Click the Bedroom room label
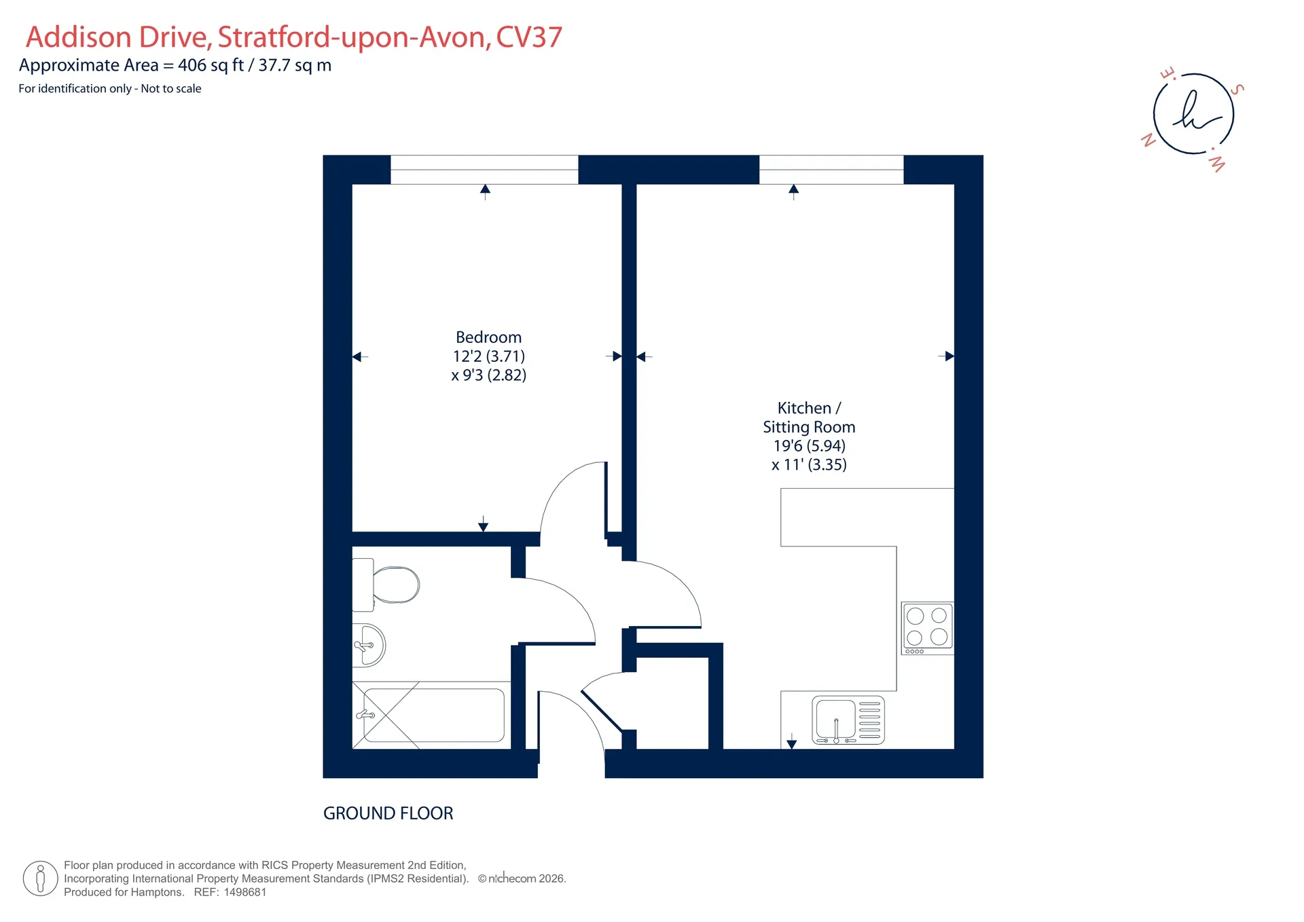488,337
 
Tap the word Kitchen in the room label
804,408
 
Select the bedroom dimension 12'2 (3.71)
489,356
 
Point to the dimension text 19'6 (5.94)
810,446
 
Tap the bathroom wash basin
369,645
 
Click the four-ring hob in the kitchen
927,628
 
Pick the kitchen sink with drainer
848,720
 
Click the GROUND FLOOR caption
388,813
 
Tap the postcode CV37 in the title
529,37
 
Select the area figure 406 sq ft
211,66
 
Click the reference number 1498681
245,892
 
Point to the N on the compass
1148,140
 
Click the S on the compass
1237,89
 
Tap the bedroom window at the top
484,170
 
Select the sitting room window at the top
831,170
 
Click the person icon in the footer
40,879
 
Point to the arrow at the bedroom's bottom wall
483,523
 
